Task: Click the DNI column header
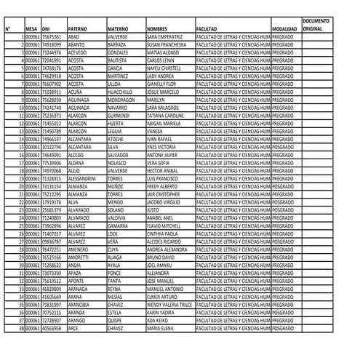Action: [47, 28]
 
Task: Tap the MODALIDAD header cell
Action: [284, 28]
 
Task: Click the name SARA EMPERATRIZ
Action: [164, 36]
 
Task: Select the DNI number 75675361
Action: [52, 36]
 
